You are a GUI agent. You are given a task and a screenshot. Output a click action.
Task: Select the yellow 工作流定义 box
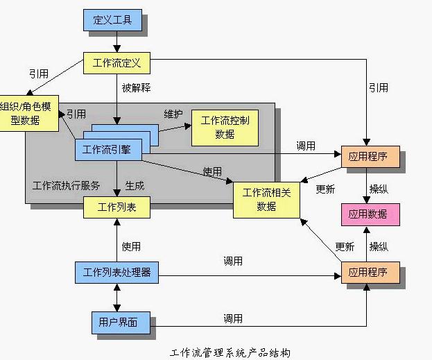point(116,64)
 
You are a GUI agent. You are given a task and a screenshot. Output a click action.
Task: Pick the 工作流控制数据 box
point(225,127)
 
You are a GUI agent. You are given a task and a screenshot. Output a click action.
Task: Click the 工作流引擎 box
point(111,149)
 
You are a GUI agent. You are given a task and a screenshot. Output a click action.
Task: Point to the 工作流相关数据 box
point(266,200)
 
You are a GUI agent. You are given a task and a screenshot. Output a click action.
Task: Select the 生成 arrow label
point(135,186)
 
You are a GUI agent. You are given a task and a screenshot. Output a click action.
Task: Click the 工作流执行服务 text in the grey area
point(67,186)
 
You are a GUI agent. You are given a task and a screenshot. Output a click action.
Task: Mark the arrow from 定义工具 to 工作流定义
point(116,42)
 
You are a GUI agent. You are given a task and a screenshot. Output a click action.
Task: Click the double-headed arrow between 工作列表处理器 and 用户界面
point(116,298)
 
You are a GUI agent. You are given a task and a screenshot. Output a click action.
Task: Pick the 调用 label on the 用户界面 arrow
point(233,318)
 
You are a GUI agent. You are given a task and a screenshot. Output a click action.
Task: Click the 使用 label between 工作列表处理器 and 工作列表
point(131,246)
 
